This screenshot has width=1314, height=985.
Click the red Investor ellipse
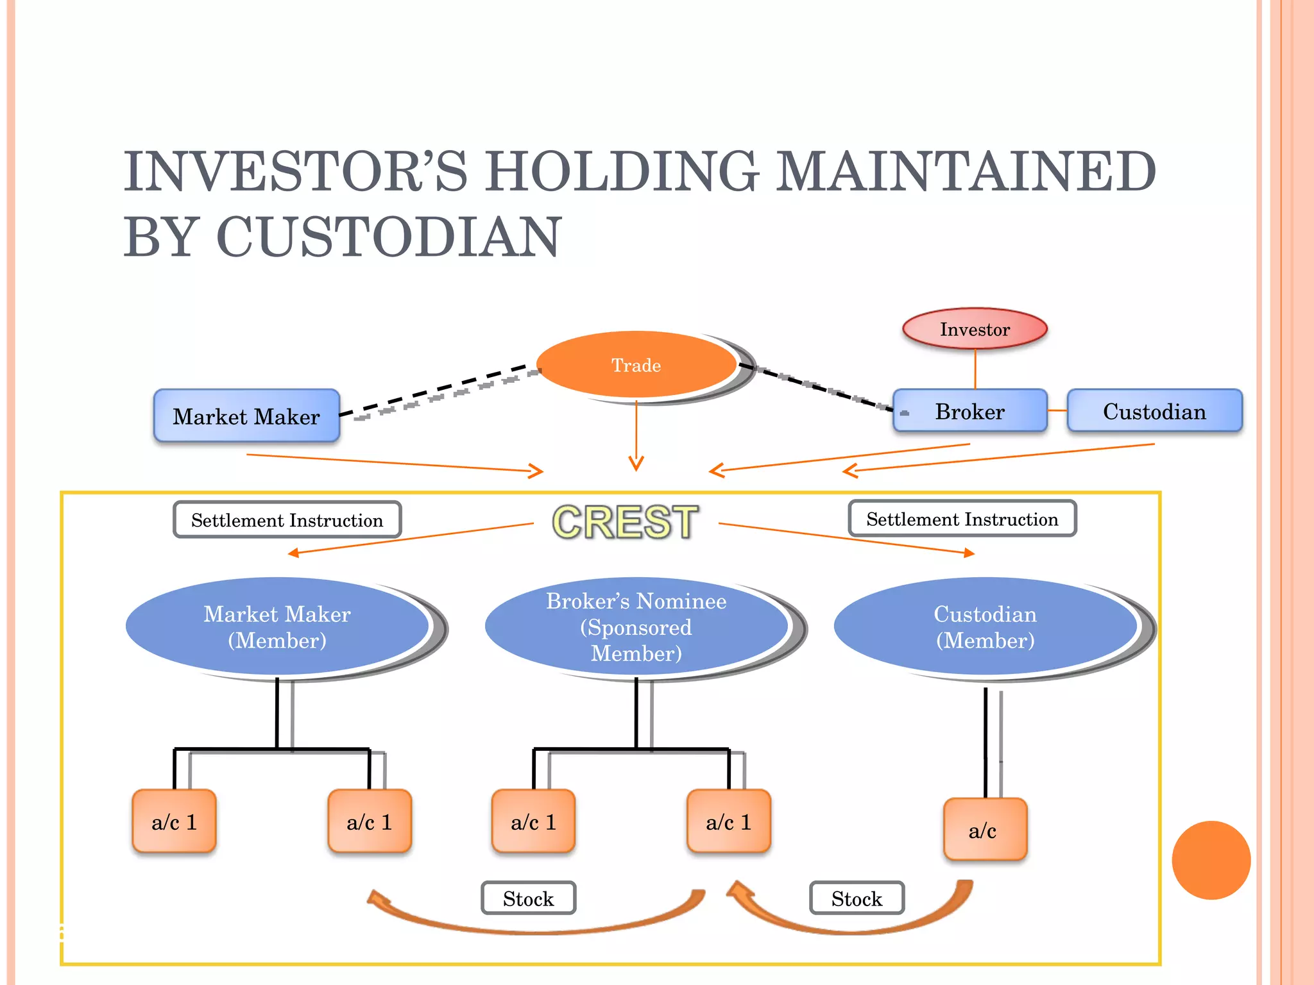click(975, 329)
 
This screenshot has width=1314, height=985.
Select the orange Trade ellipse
click(636, 365)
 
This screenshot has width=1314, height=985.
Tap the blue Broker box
click(969, 411)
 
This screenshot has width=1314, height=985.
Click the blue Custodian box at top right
click(1154, 411)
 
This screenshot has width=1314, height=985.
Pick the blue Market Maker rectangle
click(246, 416)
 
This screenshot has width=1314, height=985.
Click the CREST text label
click(625, 521)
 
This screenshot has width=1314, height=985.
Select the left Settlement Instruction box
click(287, 520)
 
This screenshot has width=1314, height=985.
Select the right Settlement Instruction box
click(962, 519)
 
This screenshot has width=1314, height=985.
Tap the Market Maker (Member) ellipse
click(277, 627)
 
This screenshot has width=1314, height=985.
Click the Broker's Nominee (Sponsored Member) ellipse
click(636, 627)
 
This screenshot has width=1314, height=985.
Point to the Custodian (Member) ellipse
click(985, 627)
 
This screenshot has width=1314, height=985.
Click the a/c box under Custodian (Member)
click(984, 830)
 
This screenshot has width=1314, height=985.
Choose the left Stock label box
click(528, 898)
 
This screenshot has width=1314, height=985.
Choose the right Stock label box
click(857, 898)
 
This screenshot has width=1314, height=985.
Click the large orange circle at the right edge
click(1211, 860)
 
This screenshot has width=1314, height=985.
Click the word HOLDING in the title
click(622, 171)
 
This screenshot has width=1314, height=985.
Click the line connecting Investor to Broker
click(975, 369)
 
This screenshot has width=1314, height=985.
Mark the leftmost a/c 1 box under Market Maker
click(174, 821)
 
